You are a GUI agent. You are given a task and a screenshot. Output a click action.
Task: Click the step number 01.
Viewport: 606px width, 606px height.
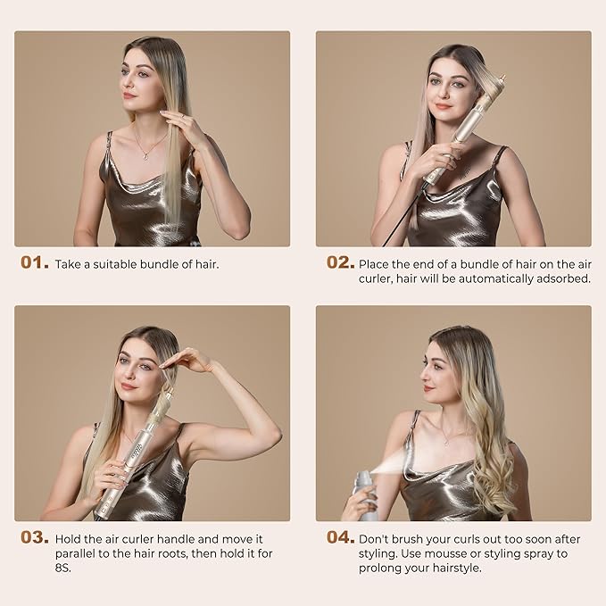pyautogui.click(x=35, y=262)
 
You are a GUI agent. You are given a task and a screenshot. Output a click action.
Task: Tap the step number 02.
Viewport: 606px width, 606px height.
pyautogui.click(x=341, y=262)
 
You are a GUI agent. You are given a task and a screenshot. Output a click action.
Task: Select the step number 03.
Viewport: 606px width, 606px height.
pyautogui.click(x=35, y=537)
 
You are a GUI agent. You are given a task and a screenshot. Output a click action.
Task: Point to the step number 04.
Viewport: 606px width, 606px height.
pyautogui.click(x=341, y=537)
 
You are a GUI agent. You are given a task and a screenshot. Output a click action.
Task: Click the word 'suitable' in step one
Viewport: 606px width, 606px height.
pyautogui.click(x=115, y=264)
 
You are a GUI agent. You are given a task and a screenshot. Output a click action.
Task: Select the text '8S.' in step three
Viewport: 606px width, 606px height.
pyautogui.click(x=63, y=569)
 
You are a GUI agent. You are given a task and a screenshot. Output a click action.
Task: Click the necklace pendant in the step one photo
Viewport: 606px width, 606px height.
pyautogui.click(x=145, y=156)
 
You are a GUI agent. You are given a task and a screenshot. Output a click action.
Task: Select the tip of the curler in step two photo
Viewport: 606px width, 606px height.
pyautogui.click(x=502, y=79)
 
